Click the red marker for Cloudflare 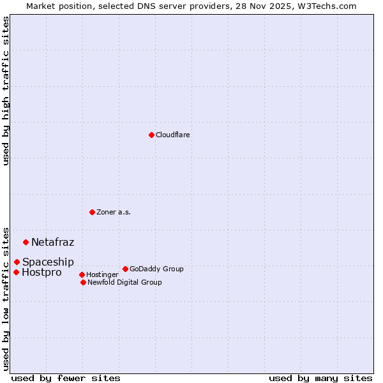pos(151,135)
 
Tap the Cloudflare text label pos(172,135)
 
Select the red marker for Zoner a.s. pos(92,212)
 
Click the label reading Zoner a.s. pos(114,212)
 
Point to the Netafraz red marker pos(26,242)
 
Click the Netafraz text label pos(52,242)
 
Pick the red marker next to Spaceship pos(17,262)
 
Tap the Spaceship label pos(48,262)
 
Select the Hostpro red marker pos(16,272)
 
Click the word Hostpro pos(41,273)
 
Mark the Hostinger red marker pos(82,274)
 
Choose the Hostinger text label pos(102,274)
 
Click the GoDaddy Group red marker pos(125,269)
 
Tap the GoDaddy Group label pos(156,269)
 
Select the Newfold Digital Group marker pos(83,282)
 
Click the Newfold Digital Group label pos(124,282)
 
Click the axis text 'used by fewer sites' pos(66,378)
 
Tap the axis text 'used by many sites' pos(320,378)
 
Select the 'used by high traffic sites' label pos(6,91)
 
